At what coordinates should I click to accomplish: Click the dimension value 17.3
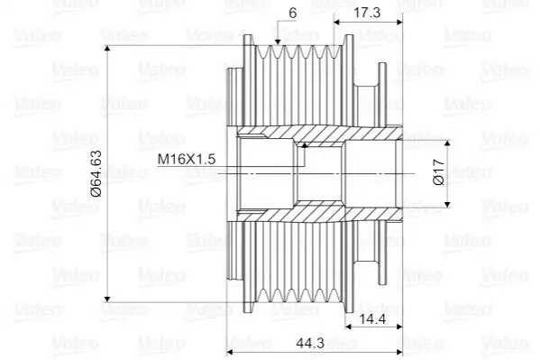click(x=367, y=13)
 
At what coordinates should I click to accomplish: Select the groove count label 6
click(x=292, y=14)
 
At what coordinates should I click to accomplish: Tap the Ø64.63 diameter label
click(x=96, y=173)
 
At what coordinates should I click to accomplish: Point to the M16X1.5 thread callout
click(x=187, y=159)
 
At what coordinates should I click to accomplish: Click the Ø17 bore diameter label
click(x=439, y=172)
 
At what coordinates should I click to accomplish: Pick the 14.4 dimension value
click(x=372, y=319)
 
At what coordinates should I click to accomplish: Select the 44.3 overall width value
click(x=310, y=343)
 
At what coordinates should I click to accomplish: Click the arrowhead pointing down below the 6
click(x=278, y=42)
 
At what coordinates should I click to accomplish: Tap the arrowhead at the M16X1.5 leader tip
click(x=304, y=145)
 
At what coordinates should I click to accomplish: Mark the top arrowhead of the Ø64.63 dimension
click(x=107, y=49)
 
